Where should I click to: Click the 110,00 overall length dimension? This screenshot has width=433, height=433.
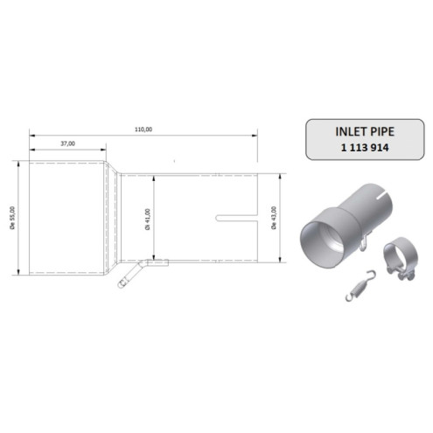144,129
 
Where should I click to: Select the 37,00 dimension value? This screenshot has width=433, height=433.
67,143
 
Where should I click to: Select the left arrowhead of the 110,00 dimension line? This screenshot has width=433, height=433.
32,135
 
